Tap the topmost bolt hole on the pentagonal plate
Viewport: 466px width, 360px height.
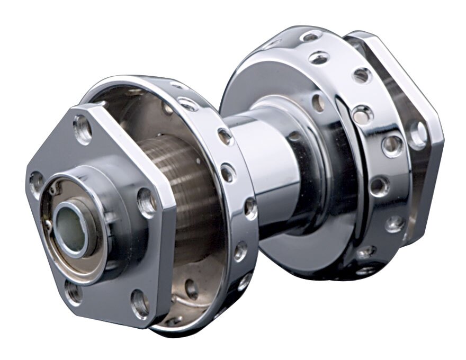(83, 129)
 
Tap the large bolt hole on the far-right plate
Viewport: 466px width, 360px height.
(418, 134)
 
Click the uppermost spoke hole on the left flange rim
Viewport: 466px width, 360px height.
(189, 103)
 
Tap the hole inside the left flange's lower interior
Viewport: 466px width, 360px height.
(191, 289)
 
